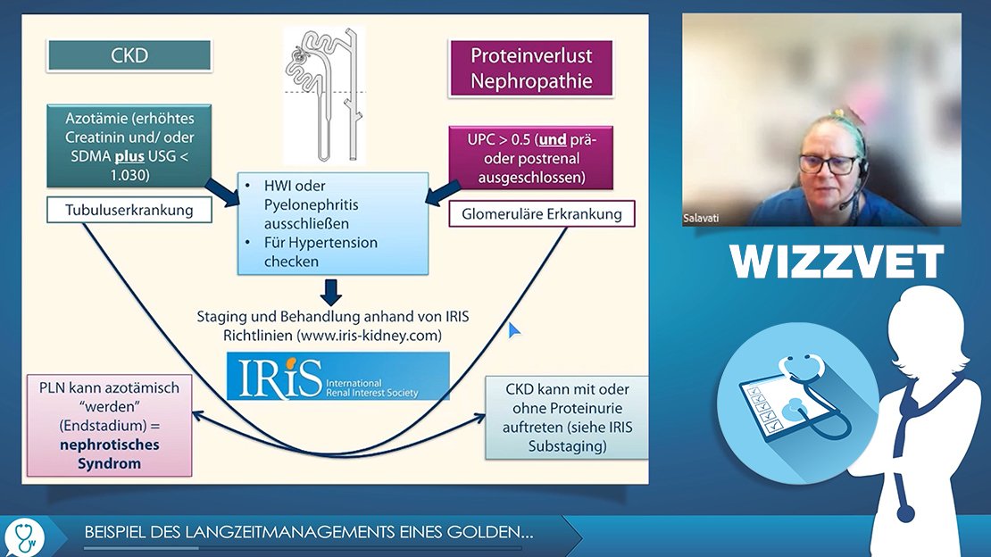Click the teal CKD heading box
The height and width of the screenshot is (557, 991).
[x=129, y=55]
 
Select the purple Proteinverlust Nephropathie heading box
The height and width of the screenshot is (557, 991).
[x=531, y=68]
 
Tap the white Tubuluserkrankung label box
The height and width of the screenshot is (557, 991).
[x=129, y=210]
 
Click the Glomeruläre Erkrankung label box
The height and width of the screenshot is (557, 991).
[x=542, y=213]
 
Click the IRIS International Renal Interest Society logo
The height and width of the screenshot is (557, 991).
[x=338, y=376]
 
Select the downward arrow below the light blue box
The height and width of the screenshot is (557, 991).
[x=331, y=292]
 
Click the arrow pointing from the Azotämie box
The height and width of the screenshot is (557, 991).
[x=222, y=192]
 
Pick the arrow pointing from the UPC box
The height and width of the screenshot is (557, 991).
[x=443, y=193]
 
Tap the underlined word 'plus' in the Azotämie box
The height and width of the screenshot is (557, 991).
[x=129, y=156]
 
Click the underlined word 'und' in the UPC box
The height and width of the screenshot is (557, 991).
[x=553, y=140]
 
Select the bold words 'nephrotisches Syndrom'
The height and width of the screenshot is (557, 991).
[x=109, y=454]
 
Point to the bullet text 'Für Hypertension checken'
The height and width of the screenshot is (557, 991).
[x=321, y=252]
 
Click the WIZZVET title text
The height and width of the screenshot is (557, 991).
[x=837, y=262]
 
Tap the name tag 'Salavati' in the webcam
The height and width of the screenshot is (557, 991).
[x=701, y=218]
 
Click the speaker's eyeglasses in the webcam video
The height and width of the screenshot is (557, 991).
[x=828, y=164]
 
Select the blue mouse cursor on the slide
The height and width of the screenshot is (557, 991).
[x=514, y=329]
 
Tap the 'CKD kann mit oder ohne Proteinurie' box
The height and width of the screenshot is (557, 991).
[x=567, y=418]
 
